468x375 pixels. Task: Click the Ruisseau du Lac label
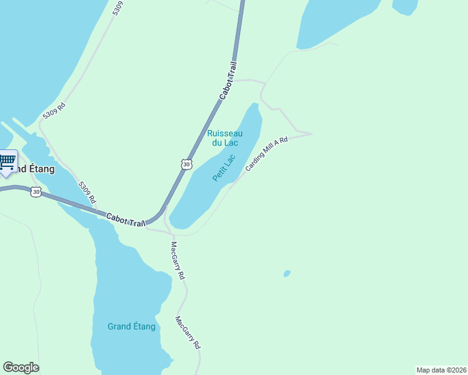coord(225,137)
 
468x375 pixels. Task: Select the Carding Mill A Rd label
coord(267,154)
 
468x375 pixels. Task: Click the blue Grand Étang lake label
coord(131,326)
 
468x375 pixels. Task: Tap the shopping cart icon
coord(8,162)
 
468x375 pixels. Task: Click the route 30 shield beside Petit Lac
coord(186,164)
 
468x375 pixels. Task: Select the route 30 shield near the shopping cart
coord(36,192)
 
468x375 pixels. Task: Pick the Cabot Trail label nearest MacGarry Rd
coord(126,219)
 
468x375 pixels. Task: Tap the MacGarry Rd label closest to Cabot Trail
coord(178,261)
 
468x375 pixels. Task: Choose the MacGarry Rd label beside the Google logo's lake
coord(188,332)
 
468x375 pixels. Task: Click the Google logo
coord(21,367)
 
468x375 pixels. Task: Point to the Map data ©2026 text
coord(441,369)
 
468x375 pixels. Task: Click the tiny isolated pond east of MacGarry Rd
coord(287,273)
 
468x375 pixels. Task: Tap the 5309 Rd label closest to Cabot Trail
coord(87,192)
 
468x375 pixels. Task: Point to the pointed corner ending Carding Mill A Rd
coord(311,133)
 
